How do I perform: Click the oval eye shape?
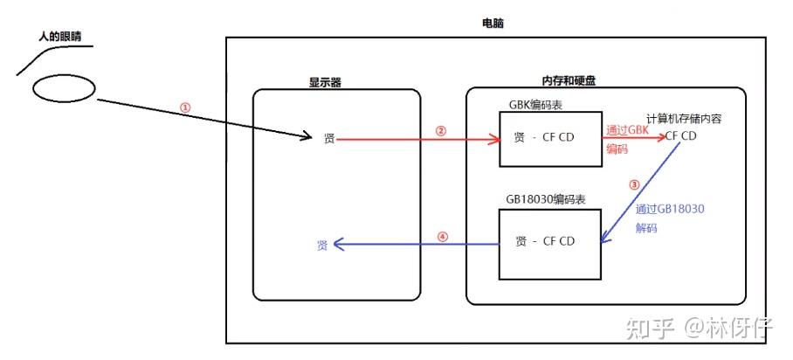click(x=64, y=88)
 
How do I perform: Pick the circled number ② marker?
click(x=440, y=131)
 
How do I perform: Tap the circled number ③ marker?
click(x=634, y=186)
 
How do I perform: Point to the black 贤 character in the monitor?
click(x=328, y=139)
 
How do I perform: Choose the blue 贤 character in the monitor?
click(x=323, y=246)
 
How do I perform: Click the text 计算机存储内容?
click(x=683, y=118)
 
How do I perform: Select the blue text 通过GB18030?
click(x=671, y=209)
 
